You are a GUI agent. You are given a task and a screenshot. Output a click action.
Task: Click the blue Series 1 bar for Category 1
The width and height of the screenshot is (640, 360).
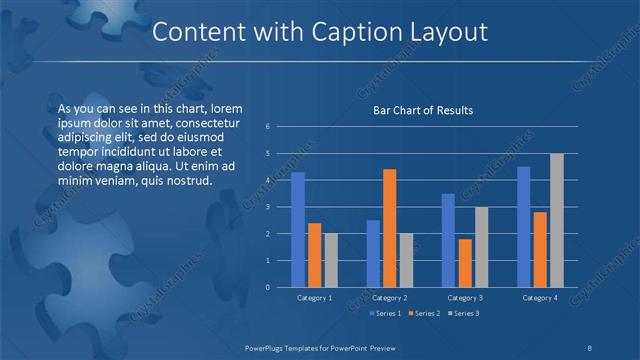(x=297, y=229)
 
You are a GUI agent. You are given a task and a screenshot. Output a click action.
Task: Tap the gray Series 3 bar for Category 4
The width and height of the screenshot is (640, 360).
(x=556, y=220)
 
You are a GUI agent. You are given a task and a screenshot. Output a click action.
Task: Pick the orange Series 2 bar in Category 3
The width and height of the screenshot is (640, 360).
(x=464, y=262)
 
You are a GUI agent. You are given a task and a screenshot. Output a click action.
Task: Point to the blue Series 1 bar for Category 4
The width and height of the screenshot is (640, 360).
(x=523, y=226)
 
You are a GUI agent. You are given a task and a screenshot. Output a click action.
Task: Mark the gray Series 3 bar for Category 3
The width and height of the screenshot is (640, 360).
(x=481, y=246)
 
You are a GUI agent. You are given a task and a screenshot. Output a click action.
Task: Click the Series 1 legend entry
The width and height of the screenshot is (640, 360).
(x=387, y=314)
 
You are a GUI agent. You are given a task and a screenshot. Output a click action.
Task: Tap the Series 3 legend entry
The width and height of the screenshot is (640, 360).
(x=465, y=314)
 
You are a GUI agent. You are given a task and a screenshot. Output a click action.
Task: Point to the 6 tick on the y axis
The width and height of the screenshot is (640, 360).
(x=268, y=127)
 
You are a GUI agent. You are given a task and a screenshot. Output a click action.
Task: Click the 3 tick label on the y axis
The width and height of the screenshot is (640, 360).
(x=268, y=207)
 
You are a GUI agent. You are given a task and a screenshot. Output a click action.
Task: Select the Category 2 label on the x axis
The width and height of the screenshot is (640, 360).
(x=388, y=298)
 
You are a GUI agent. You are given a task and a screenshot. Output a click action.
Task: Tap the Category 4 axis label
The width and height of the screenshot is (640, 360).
(x=539, y=298)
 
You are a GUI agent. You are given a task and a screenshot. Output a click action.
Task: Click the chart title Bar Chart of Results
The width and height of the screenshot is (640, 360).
(x=423, y=110)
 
